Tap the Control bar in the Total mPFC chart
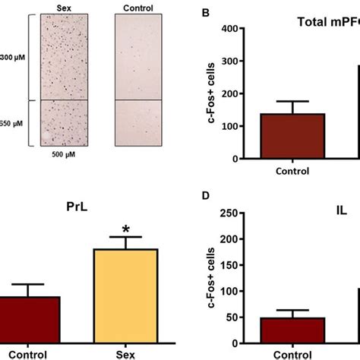click(x=292, y=137)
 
